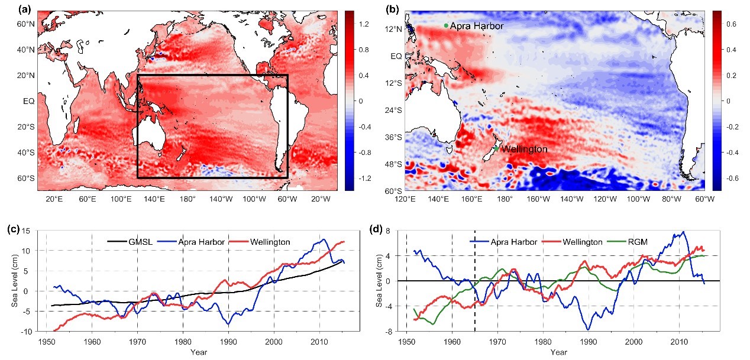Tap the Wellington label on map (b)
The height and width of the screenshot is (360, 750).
pyautogui.click(x=524, y=150)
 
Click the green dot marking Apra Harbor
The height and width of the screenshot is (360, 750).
pyautogui.click(x=446, y=25)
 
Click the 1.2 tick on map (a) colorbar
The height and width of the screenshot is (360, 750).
pyautogui.click(x=364, y=24)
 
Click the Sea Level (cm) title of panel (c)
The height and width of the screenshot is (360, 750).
pyautogui.click(x=15, y=281)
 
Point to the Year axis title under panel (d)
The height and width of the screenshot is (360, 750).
pyautogui.click(x=558, y=353)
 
